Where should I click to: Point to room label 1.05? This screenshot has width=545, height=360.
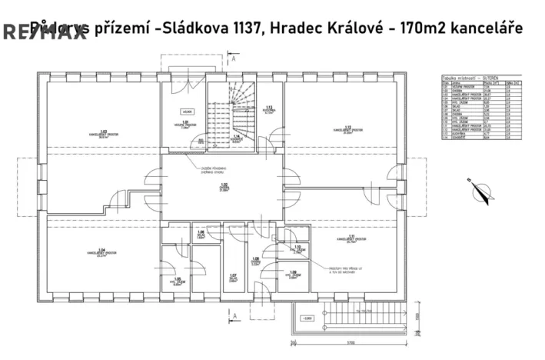[177, 281]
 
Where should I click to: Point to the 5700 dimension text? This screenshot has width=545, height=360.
[349, 344]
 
